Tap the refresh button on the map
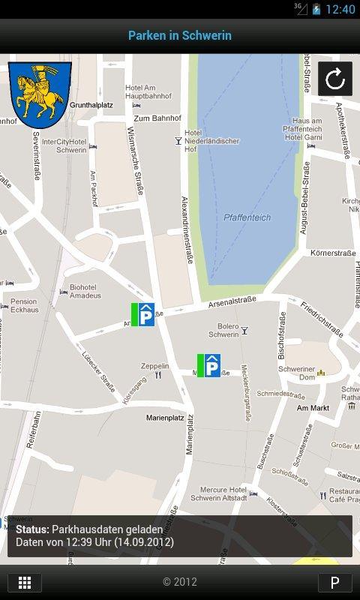click(335, 79)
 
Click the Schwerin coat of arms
click(40, 94)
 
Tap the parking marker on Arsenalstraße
click(143, 314)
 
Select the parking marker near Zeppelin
click(209, 366)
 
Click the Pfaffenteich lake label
click(247, 217)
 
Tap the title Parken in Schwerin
click(180, 35)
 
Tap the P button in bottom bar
click(334, 583)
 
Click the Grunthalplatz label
click(91, 105)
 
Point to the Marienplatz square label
click(165, 417)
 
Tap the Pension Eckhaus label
click(24, 305)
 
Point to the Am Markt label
click(313, 408)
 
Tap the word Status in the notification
click(32, 529)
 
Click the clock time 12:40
click(340, 9)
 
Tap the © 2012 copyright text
click(180, 582)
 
